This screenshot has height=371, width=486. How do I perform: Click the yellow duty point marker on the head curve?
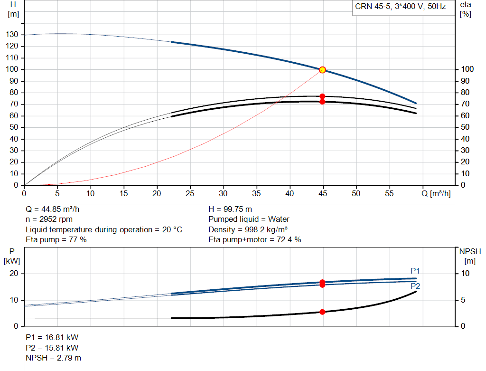(322, 70)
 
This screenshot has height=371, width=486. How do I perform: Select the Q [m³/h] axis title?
(436, 193)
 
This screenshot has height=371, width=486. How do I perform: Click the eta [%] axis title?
(465, 10)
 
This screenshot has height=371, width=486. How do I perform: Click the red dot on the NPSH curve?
(322, 312)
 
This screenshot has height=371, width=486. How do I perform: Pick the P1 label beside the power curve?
(415, 271)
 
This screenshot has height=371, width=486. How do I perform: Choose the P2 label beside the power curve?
(415, 286)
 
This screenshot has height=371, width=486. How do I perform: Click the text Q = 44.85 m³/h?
(52, 209)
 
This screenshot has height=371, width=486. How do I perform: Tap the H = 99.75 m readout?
(230, 209)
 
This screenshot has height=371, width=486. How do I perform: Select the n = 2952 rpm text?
(49, 219)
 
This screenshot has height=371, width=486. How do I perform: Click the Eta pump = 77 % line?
(56, 239)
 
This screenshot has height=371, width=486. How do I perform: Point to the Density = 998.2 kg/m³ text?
(248, 229)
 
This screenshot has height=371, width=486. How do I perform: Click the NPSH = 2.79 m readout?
(53, 358)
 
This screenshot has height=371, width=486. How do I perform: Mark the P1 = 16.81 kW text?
(52, 337)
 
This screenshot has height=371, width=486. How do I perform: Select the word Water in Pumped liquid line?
(279, 219)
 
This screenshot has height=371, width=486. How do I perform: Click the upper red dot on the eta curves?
(322, 96)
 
